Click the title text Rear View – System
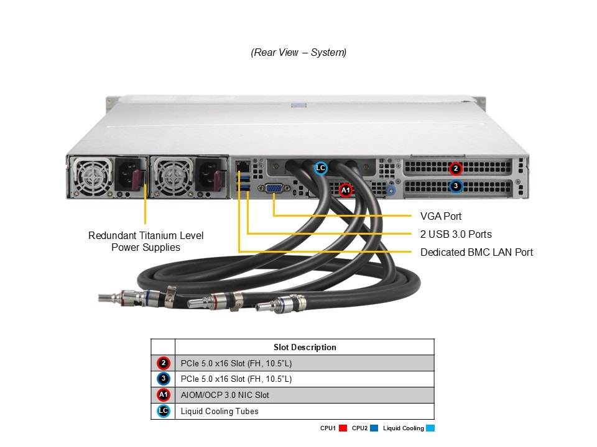tap(298, 52)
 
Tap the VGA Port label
tap(441, 216)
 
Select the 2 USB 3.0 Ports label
tap(456, 234)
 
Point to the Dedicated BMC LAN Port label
tap(476, 252)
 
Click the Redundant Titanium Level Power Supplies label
tap(146, 241)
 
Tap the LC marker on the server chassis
tap(320, 168)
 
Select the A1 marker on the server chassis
tap(346, 190)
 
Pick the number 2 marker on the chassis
tap(456, 168)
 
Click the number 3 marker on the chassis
tap(456, 186)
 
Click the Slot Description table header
tap(305, 347)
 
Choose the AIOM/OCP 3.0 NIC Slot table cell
tap(225, 395)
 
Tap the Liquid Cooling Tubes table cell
tap(220, 411)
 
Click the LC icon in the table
tap(164, 411)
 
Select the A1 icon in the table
tap(164, 395)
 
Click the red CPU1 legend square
tap(343, 428)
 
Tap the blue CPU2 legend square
tap(374, 428)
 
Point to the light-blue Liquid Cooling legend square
tap(430, 428)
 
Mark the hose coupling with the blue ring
tap(279, 305)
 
